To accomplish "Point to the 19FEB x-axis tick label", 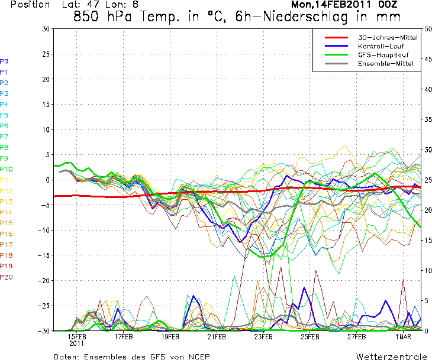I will [170, 336].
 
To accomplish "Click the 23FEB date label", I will [263, 336].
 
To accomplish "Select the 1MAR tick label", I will [404, 336].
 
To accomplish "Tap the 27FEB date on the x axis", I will [357, 336].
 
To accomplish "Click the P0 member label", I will [4, 61].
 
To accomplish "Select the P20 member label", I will [7, 277].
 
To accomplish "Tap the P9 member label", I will [4, 158].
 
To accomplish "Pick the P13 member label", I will [7, 202].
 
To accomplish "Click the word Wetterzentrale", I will [391, 356].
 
